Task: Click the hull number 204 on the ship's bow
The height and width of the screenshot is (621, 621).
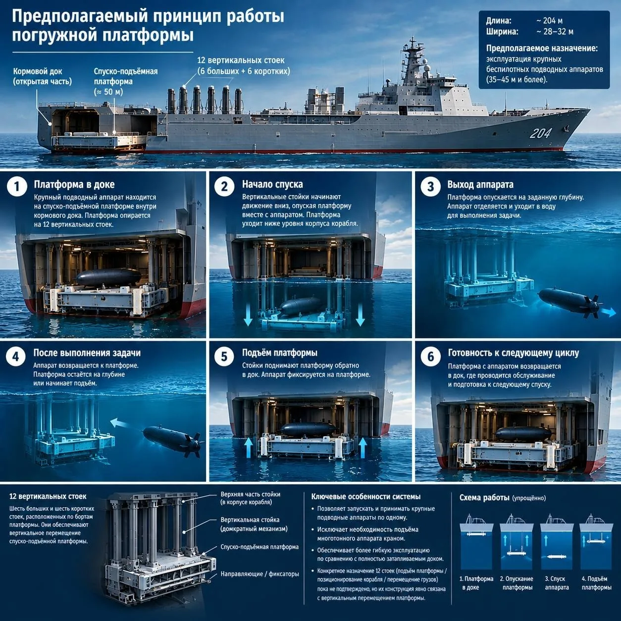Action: tap(540, 133)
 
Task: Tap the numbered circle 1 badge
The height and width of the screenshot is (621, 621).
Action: tap(17, 187)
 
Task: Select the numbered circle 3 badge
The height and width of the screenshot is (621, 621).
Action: tap(430, 187)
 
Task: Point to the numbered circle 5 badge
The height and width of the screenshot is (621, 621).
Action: tap(224, 357)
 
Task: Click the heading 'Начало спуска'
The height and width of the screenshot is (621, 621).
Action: tap(272, 184)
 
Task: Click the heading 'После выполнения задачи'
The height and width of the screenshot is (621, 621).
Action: tap(87, 353)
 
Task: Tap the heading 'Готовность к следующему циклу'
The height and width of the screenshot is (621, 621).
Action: tap(514, 353)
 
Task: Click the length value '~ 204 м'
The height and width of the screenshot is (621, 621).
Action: tap(550, 21)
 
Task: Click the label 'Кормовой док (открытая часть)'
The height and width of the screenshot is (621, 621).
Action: tap(42, 76)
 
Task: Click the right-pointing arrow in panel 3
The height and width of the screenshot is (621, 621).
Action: tap(609, 311)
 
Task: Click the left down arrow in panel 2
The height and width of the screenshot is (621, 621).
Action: tap(248, 314)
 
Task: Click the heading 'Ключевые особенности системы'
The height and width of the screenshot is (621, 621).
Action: tap(366, 497)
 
